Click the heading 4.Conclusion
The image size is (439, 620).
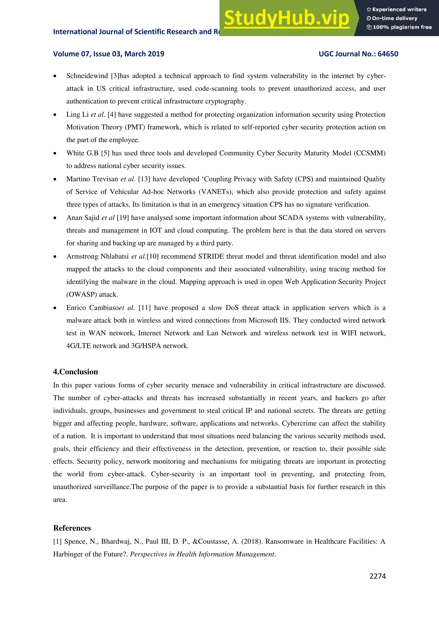point(75,372)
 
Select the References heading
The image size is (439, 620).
point(72,528)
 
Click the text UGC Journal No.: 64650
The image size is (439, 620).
point(358,54)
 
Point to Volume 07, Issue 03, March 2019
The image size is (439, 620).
point(108,54)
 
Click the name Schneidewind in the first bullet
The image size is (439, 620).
point(87,76)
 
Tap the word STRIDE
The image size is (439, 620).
point(211,256)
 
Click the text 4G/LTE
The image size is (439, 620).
point(78,346)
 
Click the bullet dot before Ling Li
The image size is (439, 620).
point(55,115)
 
